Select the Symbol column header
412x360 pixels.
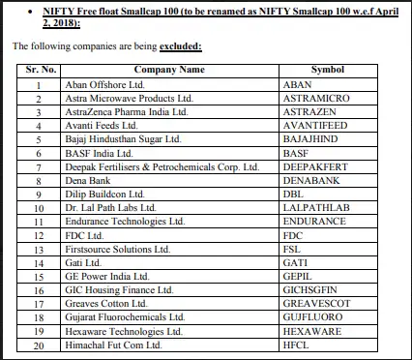tap(327, 70)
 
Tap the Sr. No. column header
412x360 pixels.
tap(38, 70)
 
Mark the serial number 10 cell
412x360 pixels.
tap(38, 207)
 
